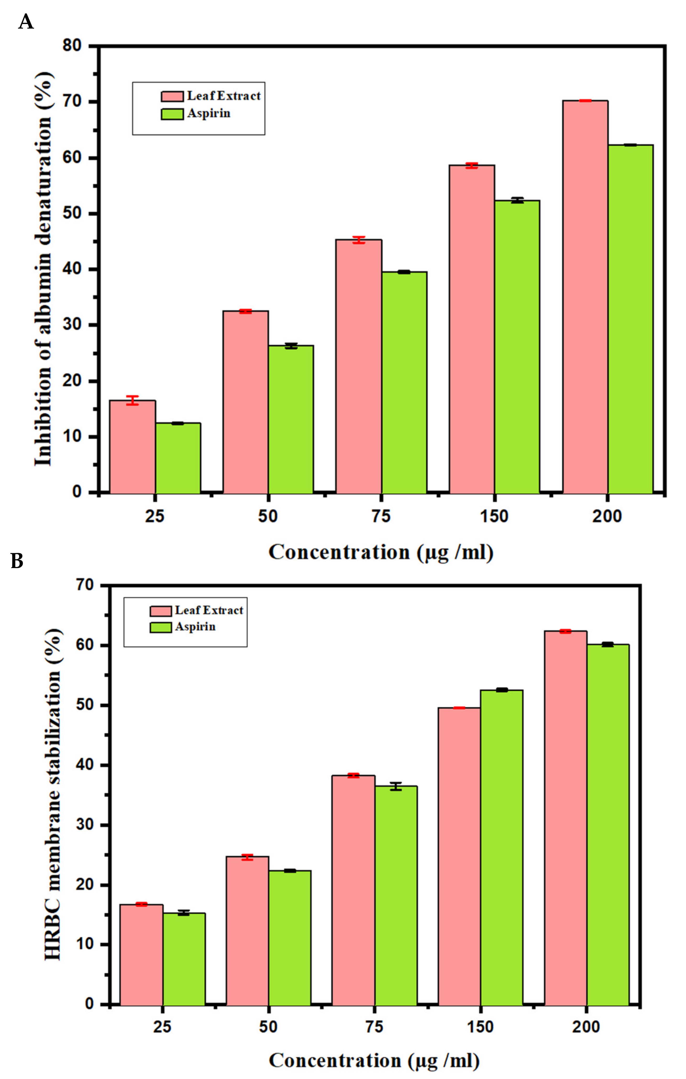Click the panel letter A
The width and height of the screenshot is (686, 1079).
tap(26, 21)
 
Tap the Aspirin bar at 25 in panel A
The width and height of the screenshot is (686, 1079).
tap(178, 458)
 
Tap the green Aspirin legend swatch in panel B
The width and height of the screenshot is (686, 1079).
tap(161, 627)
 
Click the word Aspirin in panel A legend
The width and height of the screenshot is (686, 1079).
tap(208, 113)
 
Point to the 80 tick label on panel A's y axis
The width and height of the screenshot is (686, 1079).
tap(72, 46)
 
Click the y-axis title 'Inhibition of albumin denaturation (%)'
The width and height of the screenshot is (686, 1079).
tap(43, 269)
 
